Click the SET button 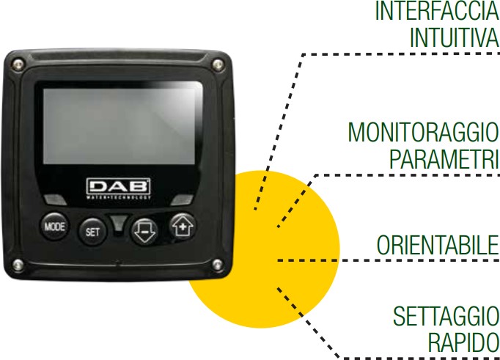92,232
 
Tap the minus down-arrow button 144,232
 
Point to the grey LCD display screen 119,126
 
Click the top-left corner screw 18,63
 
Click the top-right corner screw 218,64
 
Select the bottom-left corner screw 18,265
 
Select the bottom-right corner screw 217,265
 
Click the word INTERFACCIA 437,11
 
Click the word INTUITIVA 455,37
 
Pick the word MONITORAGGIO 423,132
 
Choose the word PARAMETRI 444,158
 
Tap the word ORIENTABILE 438,245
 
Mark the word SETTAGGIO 446,316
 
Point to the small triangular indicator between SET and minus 119,222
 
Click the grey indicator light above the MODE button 55,199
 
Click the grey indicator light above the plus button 182,200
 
